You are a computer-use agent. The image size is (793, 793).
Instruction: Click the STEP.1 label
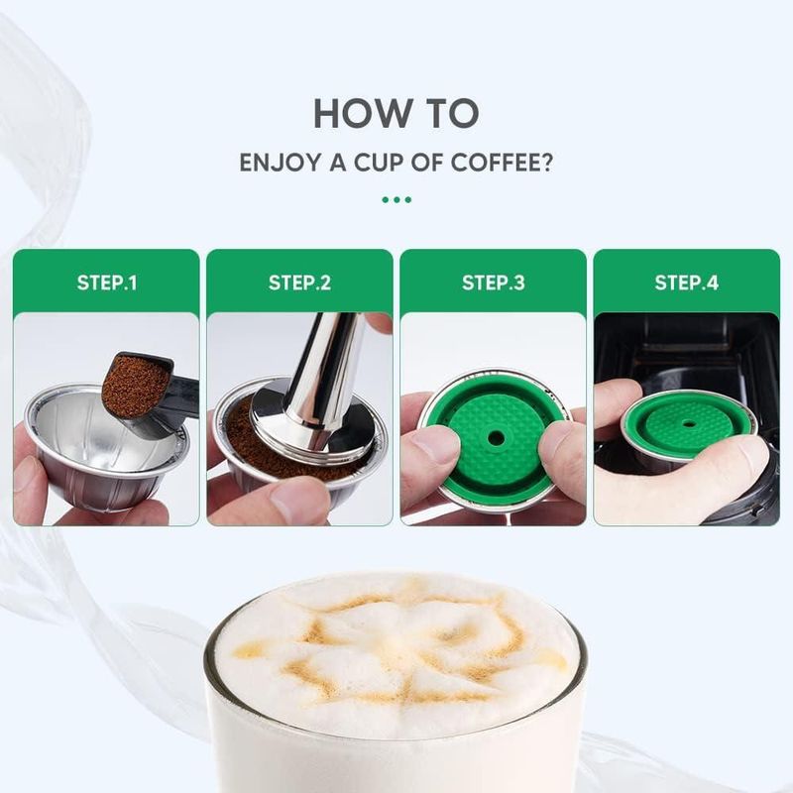(x=107, y=283)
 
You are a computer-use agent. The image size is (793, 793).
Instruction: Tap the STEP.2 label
(x=300, y=283)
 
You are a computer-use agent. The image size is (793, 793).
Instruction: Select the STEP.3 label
(x=493, y=283)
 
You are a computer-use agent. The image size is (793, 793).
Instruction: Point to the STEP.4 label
(x=686, y=283)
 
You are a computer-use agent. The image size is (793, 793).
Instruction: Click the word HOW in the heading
(x=354, y=113)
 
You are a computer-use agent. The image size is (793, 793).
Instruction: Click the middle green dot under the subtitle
(x=396, y=200)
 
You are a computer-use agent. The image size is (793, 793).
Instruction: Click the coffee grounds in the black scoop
(x=135, y=386)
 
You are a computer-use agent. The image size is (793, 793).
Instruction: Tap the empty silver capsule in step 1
(x=104, y=445)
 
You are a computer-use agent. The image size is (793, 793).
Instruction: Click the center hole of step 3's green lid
(x=495, y=438)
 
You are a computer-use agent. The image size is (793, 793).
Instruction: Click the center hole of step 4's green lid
(x=687, y=422)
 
